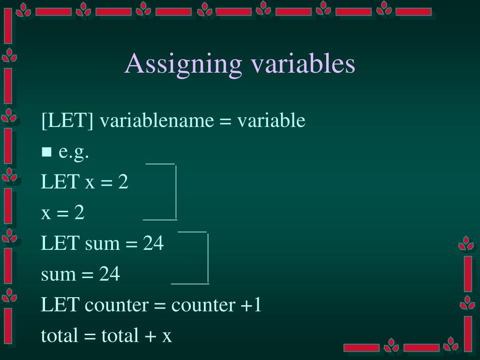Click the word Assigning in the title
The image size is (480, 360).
click(x=184, y=64)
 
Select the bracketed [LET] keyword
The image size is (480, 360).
click(x=67, y=121)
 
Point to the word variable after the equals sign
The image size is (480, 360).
click(x=271, y=121)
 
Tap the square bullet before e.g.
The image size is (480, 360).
click(x=46, y=152)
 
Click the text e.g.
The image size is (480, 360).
click(x=74, y=153)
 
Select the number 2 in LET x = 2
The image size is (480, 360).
click(x=123, y=182)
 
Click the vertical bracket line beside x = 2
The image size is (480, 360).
click(x=176, y=192)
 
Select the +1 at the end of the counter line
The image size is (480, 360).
click(x=251, y=305)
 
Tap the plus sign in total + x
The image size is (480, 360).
click(x=149, y=336)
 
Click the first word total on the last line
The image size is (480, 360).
click(x=59, y=336)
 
